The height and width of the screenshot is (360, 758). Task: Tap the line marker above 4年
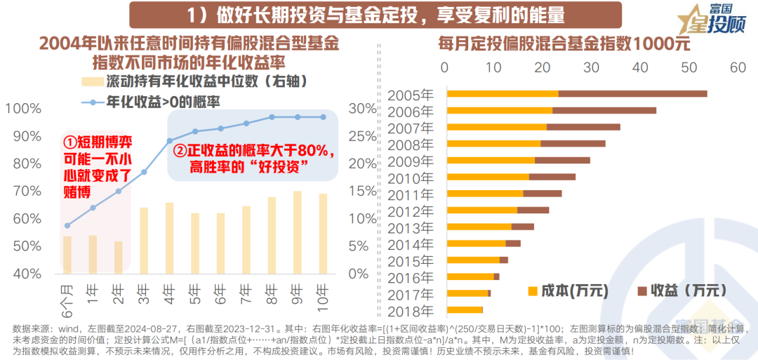[x=170, y=141]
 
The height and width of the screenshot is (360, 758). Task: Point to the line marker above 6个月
[x=67, y=225]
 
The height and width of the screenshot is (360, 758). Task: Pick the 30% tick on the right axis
[x=362, y=109]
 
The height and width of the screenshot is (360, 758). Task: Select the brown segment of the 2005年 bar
[x=632, y=94]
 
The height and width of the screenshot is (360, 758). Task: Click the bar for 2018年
[x=465, y=309]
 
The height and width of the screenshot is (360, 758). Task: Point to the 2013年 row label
[x=411, y=227]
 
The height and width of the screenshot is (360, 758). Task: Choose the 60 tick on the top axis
[x=737, y=67]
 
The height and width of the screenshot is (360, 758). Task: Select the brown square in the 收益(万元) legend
[x=641, y=290]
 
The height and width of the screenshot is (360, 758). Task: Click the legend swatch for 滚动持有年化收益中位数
[x=92, y=81]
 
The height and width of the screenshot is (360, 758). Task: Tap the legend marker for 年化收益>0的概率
[x=92, y=101]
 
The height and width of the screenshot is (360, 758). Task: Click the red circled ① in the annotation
[x=69, y=140]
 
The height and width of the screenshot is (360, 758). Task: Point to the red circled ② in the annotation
[x=180, y=152]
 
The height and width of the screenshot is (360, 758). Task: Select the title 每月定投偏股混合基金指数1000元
[x=564, y=44]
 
